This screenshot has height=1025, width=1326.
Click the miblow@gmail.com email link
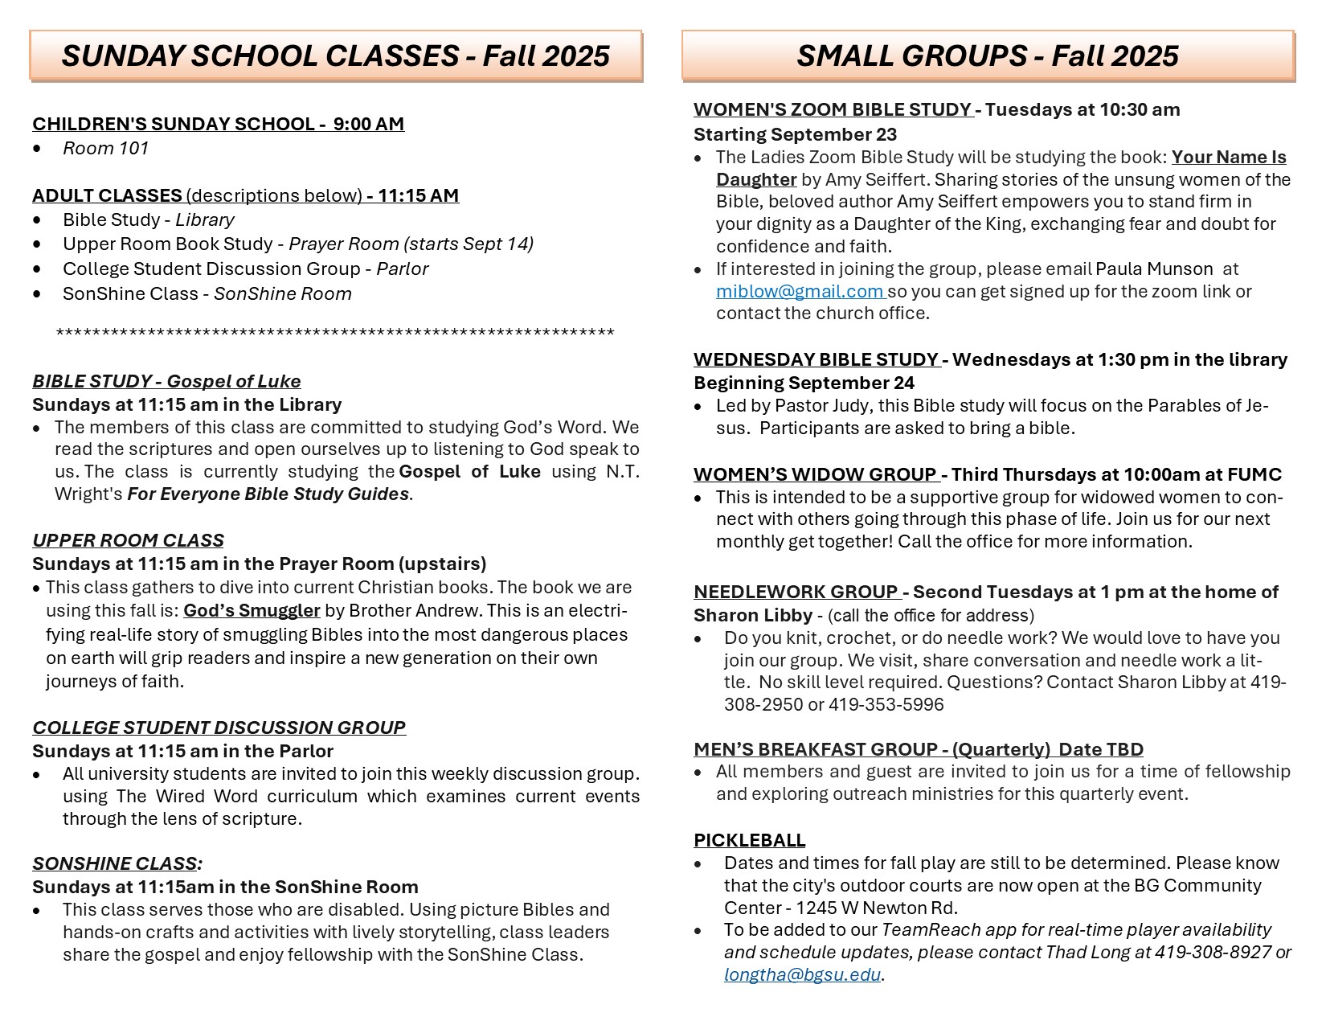click(800, 291)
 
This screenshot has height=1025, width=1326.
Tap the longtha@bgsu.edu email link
click(802, 975)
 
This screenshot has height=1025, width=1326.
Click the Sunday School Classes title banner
click(336, 55)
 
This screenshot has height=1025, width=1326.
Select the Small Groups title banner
click(988, 55)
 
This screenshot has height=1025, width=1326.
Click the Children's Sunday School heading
click(218, 124)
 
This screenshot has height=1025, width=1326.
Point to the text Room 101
click(105, 148)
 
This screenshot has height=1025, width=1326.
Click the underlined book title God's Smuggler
click(252, 611)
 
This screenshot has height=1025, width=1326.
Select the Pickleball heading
click(749, 840)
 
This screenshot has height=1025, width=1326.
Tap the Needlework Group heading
click(796, 592)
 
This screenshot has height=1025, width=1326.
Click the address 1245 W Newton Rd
click(877, 908)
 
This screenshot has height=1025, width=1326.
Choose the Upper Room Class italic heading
click(128, 540)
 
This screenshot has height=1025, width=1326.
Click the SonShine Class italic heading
click(117, 864)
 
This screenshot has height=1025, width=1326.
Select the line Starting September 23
click(795, 134)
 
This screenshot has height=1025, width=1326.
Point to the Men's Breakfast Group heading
click(918, 750)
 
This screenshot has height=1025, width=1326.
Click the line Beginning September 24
click(804, 383)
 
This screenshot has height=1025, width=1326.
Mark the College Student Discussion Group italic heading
click(219, 728)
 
